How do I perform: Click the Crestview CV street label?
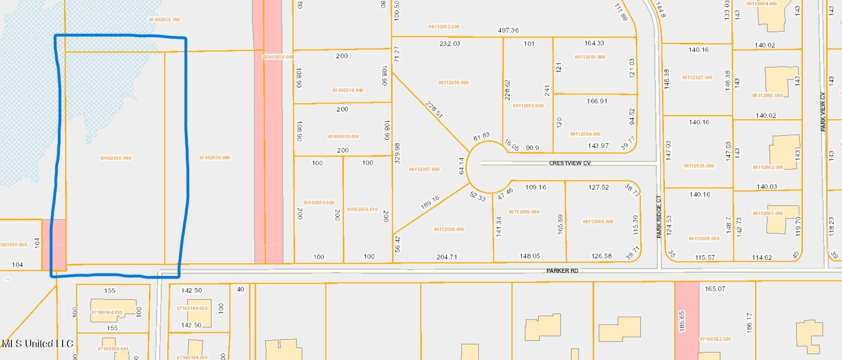tap(569, 163)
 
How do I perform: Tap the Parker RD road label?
tap(562, 271)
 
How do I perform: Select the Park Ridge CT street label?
tap(659, 216)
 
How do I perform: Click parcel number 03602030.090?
tap(115, 158)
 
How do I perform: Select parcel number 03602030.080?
tap(215, 158)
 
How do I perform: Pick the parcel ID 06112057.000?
tap(424, 170)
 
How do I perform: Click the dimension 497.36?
tap(508, 30)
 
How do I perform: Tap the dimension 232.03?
tap(449, 43)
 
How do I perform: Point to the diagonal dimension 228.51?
tap(434, 109)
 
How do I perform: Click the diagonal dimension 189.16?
tap(430, 202)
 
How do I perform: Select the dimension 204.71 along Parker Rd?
tap(446, 256)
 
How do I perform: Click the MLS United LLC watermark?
tap(37, 344)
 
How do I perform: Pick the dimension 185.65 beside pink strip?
tap(682, 321)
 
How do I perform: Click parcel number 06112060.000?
tap(598, 221)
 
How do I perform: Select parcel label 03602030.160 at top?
tap(164, 20)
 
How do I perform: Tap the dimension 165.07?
tap(715, 288)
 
